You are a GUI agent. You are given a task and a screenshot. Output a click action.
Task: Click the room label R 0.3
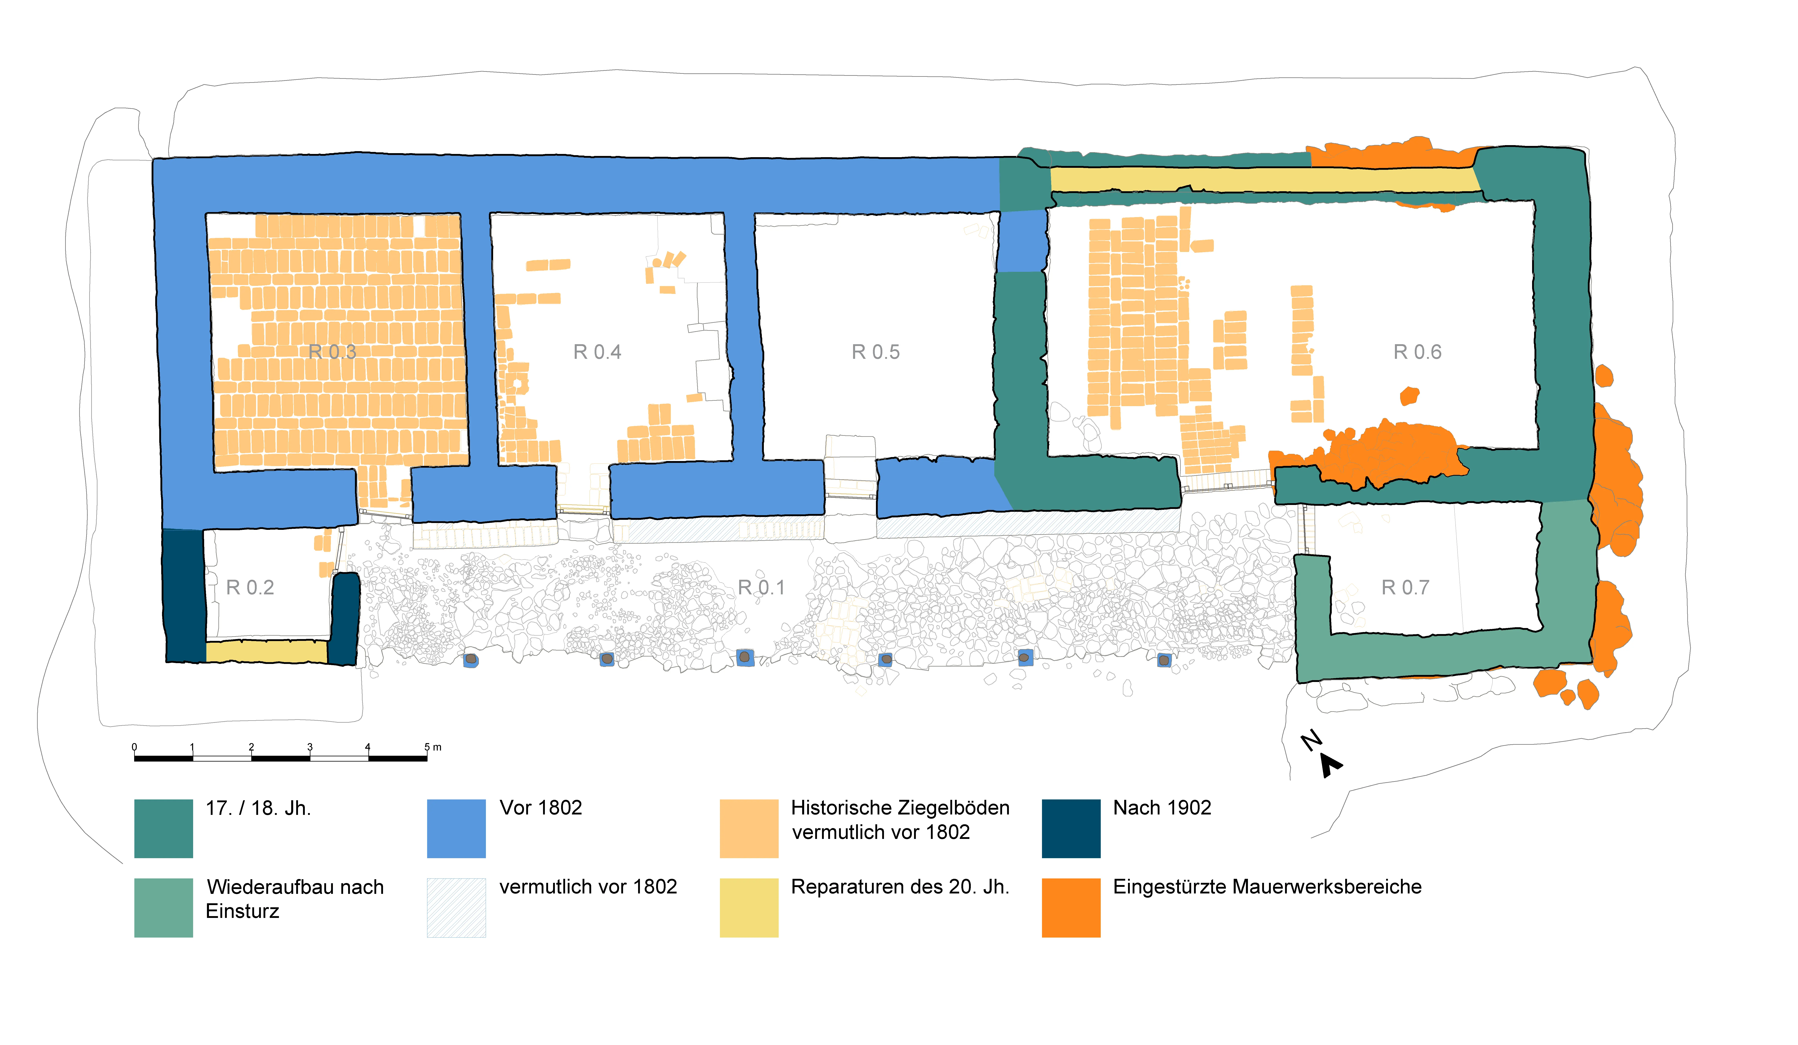(332, 352)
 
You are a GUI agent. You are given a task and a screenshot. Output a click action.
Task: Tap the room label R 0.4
(597, 352)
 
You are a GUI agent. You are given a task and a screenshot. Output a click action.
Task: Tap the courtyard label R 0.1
(761, 587)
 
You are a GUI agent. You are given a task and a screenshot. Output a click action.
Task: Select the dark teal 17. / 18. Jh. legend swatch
(163, 828)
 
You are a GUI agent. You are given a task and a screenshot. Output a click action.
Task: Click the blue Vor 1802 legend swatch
(456, 828)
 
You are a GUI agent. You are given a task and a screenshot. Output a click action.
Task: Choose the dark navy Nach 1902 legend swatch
(1071, 828)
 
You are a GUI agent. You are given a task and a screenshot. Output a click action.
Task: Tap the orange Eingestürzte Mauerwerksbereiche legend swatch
(1071, 907)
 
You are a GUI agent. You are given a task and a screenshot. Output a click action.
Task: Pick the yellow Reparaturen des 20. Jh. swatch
(749, 907)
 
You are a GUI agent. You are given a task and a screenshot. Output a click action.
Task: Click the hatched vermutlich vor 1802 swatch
(456, 907)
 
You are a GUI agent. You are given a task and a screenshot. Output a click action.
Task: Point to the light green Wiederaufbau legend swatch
(163, 907)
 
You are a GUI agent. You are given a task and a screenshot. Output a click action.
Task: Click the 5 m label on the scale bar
(432, 747)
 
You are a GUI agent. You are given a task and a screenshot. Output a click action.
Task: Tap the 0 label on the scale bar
(134, 747)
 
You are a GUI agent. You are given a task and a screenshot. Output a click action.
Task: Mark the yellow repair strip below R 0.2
(267, 651)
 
